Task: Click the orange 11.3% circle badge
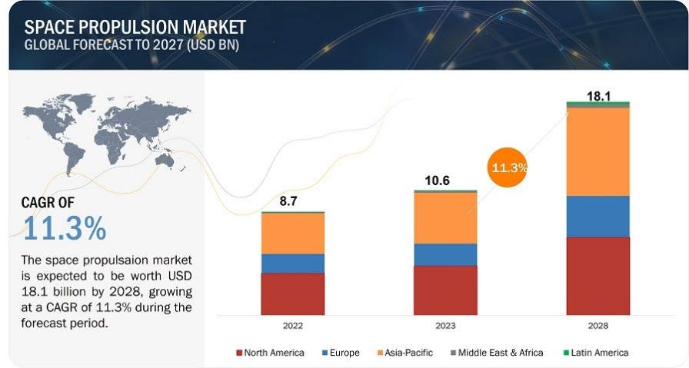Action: click(x=508, y=167)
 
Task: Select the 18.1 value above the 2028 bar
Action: click(x=597, y=94)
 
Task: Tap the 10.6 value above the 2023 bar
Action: click(x=439, y=181)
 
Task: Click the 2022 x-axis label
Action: click(x=292, y=326)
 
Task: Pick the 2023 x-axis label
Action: click(x=445, y=326)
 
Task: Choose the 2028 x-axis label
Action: click(x=597, y=326)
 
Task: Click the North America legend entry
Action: click(x=270, y=353)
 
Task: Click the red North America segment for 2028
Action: click(x=597, y=276)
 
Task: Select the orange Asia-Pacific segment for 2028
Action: click(x=597, y=151)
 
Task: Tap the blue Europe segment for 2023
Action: click(x=445, y=254)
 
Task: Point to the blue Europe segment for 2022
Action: click(x=292, y=264)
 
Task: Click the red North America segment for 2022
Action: click(x=292, y=293)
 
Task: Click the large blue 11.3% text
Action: click(x=65, y=228)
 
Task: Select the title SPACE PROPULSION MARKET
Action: click(x=135, y=28)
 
